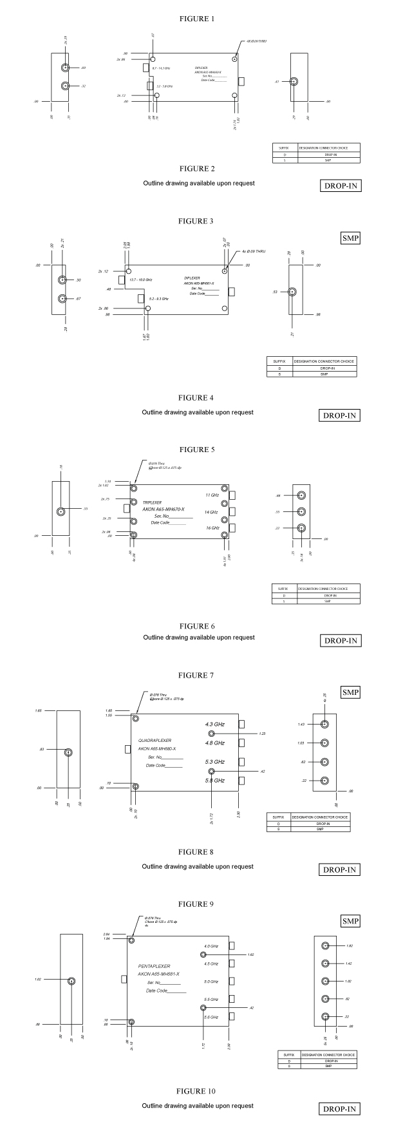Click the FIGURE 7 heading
[x=196, y=676]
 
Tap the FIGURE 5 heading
[x=196, y=449]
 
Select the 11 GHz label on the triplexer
[x=212, y=495]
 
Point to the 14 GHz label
[x=212, y=512]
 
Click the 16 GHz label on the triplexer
[x=212, y=528]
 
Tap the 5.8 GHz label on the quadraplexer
[x=214, y=781]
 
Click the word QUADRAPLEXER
[x=155, y=739]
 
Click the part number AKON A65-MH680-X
[x=157, y=748]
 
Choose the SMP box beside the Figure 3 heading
[x=350, y=238]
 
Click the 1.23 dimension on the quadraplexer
[x=262, y=734]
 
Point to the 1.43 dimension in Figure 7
[x=301, y=725]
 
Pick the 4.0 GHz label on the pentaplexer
[x=211, y=946]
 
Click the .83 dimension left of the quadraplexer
[x=41, y=749]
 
